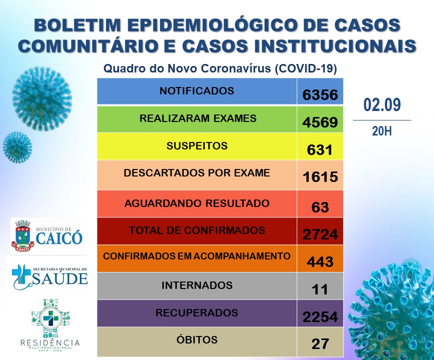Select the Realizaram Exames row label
(x=198, y=119)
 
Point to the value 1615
(x=320, y=177)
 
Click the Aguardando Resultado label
(x=197, y=203)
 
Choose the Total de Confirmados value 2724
(x=320, y=234)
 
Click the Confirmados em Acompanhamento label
(x=197, y=256)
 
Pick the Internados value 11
(x=320, y=289)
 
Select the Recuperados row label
(x=197, y=313)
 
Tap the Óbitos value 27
(x=320, y=344)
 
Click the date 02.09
(x=382, y=105)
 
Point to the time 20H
(x=382, y=131)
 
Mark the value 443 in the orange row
(x=320, y=261)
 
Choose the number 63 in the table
(x=320, y=206)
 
